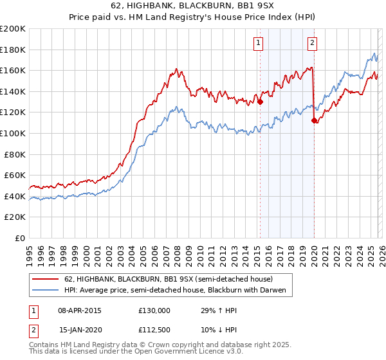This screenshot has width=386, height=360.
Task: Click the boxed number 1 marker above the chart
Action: [x=258, y=43]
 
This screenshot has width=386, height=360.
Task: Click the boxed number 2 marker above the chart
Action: [x=312, y=43]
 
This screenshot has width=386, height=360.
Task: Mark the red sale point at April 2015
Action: [x=261, y=102]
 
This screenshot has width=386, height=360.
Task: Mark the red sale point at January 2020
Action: [x=314, y=120]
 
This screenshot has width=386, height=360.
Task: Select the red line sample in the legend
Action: [x=45, y=279]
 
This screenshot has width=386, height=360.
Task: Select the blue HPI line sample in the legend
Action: [x=45, y=290]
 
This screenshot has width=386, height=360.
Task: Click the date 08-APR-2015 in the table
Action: [x=80, y=310]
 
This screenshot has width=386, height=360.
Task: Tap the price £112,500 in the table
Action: [x=154, y=330]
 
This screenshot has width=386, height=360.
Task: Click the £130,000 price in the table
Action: [x=154, y=310]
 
